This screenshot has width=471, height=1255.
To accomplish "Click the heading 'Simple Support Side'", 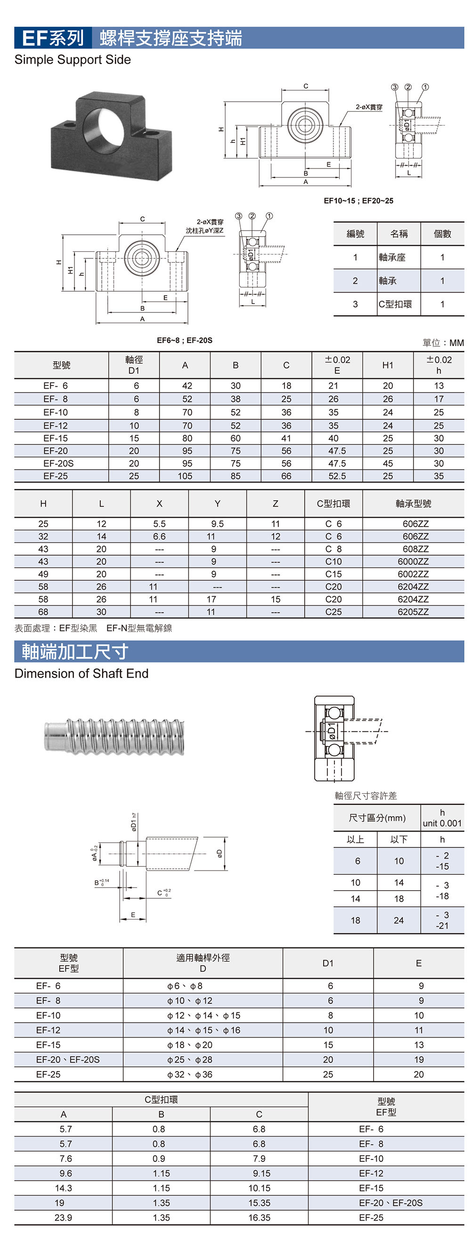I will tap(73, 60).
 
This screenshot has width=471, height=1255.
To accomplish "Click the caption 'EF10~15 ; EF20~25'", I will tap(358, 201).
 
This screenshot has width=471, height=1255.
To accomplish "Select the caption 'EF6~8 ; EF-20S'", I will tap(184, 340).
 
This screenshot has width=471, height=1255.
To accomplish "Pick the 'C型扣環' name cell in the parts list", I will tap(396, 304).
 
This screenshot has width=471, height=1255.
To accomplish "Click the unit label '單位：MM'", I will tap(443, 343).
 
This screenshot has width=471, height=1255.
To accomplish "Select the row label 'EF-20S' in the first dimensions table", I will tap(58, 464).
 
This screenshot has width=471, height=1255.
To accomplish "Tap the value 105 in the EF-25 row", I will tap(185, 476).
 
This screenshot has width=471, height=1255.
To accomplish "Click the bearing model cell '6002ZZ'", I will tap(413, 574).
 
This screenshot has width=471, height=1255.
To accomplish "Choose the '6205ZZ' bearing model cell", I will tap(413, 612).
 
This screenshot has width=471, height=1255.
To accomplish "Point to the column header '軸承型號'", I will tap(413, 504).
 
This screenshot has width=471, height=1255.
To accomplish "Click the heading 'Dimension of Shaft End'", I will tap(81, 673).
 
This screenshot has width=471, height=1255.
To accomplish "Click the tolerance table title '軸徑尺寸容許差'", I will tap(365, 796).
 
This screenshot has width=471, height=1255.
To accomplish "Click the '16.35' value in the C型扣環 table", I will tap(259, 1217).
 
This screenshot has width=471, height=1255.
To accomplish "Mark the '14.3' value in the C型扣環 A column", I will tap(64, 1188).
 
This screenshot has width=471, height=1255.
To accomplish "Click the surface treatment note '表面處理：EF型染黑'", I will tap(56, 628).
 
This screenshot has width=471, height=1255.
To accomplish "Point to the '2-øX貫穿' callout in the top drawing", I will tap(369, 107).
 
